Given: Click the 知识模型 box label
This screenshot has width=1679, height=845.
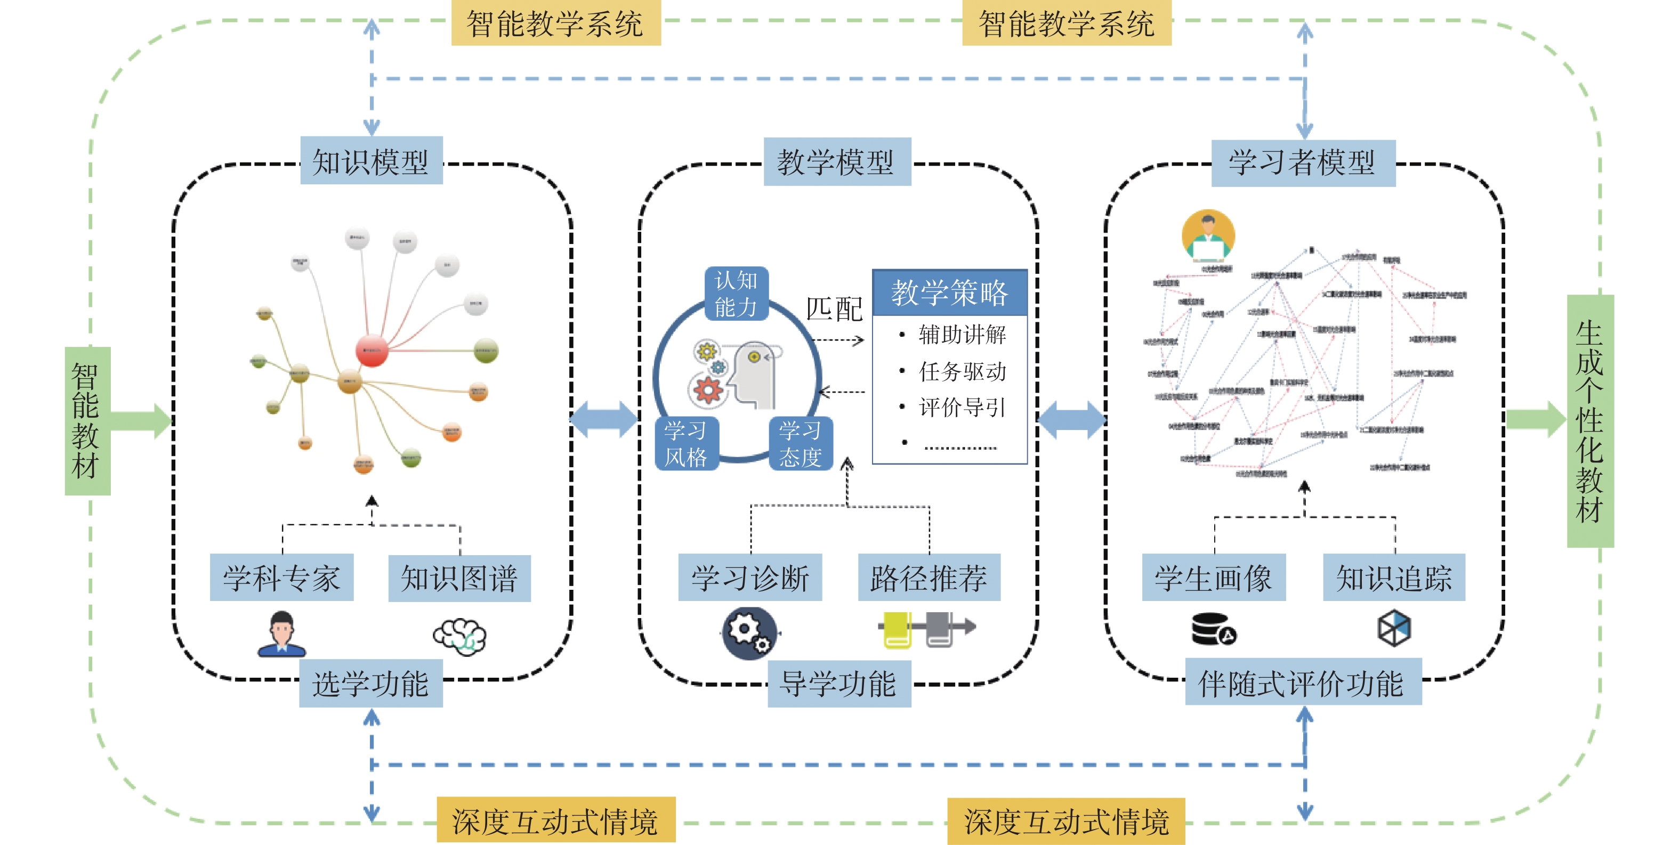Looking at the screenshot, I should click(371, 161).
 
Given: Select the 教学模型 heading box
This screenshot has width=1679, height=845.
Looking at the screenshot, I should click(836, 161).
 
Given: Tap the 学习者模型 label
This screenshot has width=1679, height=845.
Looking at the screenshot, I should click(1302, 162).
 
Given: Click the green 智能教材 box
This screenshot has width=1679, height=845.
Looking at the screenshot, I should click(87, 421).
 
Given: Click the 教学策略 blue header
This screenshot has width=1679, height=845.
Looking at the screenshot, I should click(950, 292).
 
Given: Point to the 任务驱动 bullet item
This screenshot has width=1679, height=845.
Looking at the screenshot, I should click(962, 371).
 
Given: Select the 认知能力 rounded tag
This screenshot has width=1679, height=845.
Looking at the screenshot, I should click(737, 293).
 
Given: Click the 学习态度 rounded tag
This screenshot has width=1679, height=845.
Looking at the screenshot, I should click(801, 443).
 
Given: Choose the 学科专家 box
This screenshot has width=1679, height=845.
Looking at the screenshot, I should click(281, 577).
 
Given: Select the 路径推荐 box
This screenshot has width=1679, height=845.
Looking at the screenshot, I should click(929, 577).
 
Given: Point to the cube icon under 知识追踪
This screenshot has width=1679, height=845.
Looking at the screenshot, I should click(1393, 628).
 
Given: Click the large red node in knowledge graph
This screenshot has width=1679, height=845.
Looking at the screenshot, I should click(372, 350).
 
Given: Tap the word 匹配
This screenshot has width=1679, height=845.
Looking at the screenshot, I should click(834, 309).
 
